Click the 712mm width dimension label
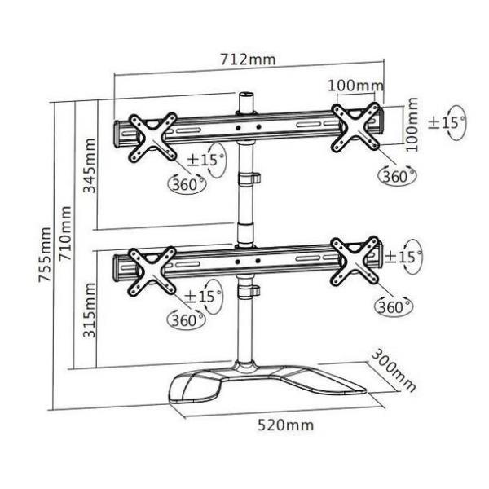pos(248,59)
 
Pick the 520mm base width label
pos(285,425)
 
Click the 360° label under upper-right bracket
pos(397,175)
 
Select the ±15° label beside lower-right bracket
pos(403,257)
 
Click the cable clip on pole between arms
pos(248,179)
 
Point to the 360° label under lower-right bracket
pos(394,307)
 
